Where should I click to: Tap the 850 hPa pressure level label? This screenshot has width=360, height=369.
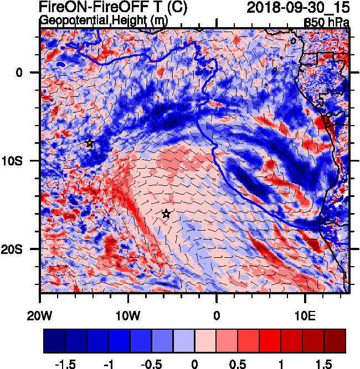click(x=327, y=23)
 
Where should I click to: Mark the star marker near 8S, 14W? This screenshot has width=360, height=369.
click(x=90, y=143)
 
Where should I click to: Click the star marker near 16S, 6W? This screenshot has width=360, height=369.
click(x=166, y=214)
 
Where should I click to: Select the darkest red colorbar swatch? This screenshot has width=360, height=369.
click(x=335, y=341)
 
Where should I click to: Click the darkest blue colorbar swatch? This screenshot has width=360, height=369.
click(x=54, y=341)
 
